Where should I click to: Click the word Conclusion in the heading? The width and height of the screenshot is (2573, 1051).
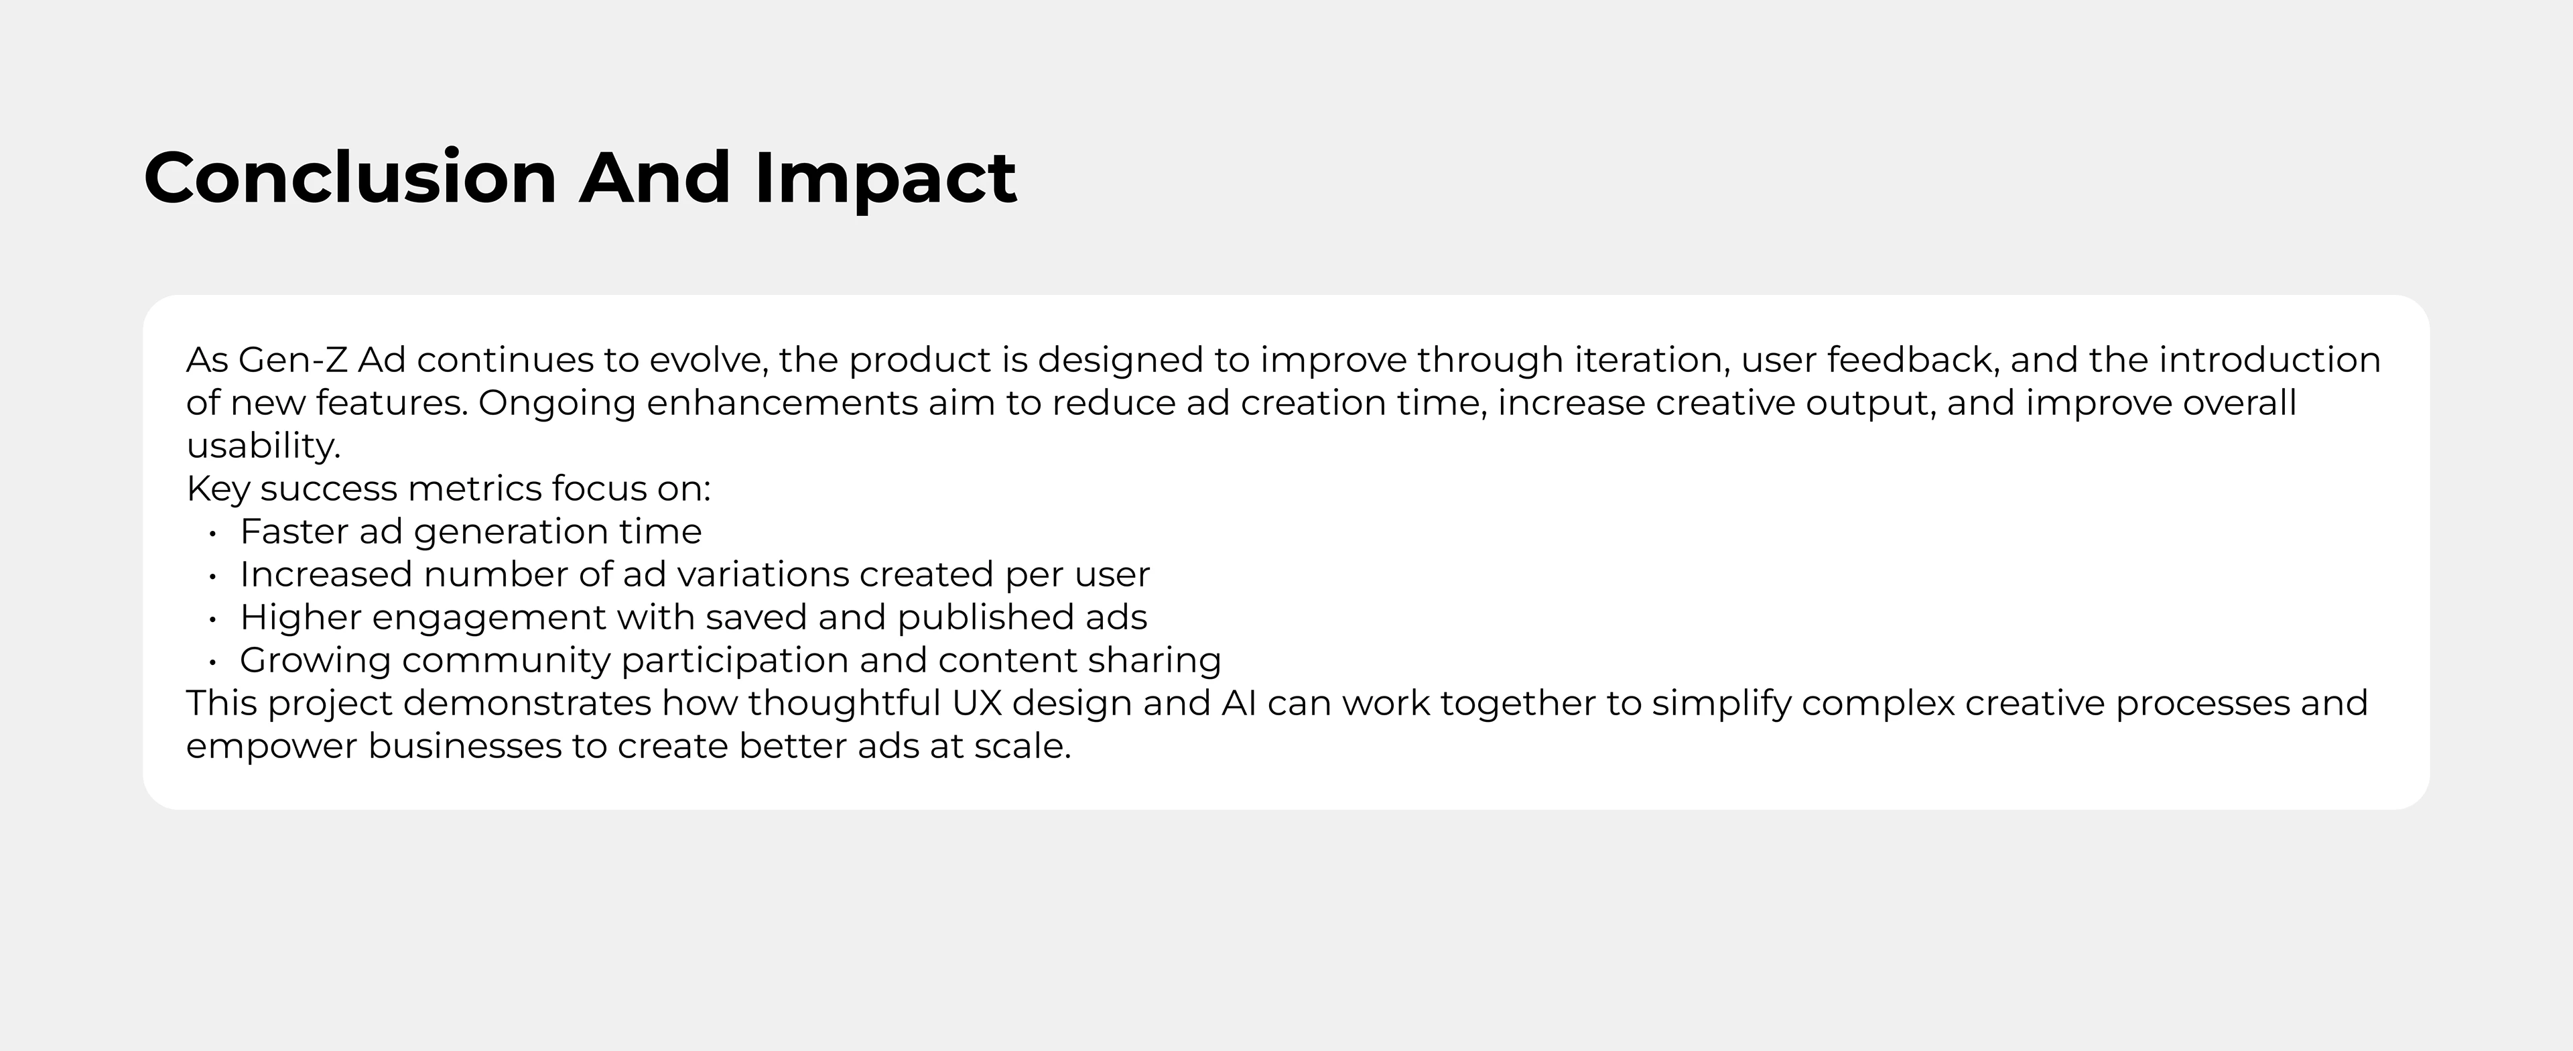[x=350, y=178]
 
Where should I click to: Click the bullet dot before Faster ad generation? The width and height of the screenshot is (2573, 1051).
[x=213, y=534]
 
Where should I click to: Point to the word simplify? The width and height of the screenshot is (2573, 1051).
[x=1722, y=703]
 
